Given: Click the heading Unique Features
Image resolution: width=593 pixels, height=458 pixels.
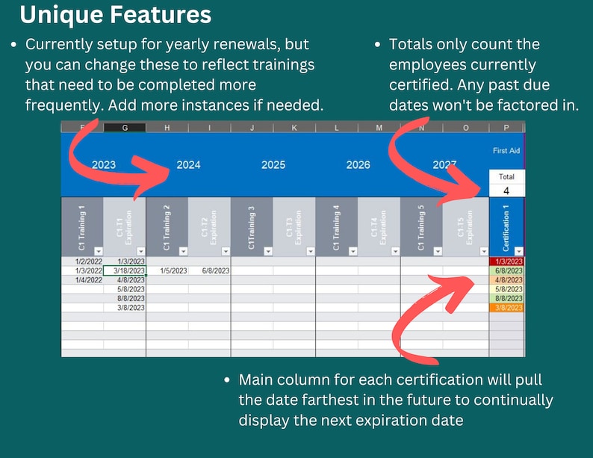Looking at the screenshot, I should [116, 15].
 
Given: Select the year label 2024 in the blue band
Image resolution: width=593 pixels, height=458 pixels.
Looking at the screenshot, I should [188, 165].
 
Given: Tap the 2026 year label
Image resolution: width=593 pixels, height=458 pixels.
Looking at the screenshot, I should [358, 165].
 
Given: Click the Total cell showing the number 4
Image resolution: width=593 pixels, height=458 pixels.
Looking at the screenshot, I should [506, 191].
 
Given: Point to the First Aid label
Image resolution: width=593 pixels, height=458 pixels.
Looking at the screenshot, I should [506, 151].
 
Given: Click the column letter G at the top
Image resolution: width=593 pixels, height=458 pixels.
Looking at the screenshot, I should [125, 128].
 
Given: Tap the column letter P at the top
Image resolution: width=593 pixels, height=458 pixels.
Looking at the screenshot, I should [506, 128].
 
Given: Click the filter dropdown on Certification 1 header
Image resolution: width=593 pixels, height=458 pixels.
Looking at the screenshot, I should [519, 251].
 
